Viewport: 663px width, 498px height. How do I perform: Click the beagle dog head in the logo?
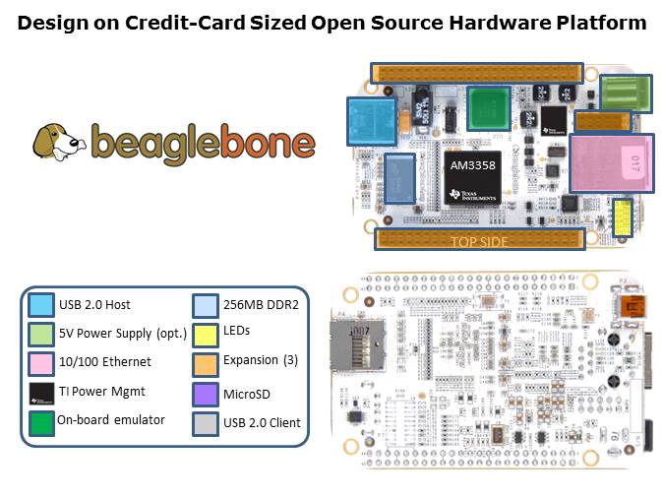pyautogui.click(x=58, y=142)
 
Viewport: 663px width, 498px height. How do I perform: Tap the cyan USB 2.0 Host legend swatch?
pyautogui.click(x=41, y=304)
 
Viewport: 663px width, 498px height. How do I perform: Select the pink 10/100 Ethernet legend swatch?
pyautogui.click(x=41, y=361)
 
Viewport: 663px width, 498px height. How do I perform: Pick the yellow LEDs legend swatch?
pyautogui.click(x=205, y=333)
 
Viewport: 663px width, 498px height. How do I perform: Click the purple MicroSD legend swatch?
pyautogui.click(x=205, y=394)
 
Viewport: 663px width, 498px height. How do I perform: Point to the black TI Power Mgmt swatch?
pyautogui.click(x=41, y=391)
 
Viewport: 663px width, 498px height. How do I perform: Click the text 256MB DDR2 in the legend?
pyautogui.click(x=262, y=304)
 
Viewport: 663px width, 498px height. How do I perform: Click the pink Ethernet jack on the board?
pyautogui.click(x=610, y=163)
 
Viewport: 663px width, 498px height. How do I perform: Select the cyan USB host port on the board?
pyautogui.click(x=369, y=123)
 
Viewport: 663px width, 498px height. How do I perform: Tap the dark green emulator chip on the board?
pyautogui.click(x=489, y=107)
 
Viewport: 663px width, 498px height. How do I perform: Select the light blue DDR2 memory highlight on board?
pyautogui.click(x=399, y=178)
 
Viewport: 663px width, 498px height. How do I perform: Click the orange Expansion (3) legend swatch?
pyautogui.click(x=205, y=363)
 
